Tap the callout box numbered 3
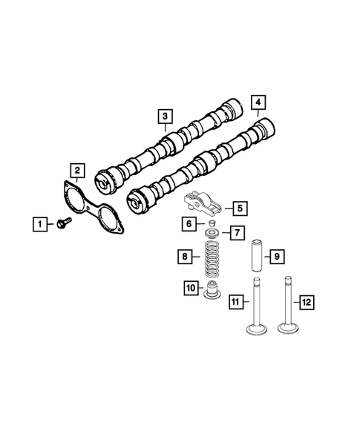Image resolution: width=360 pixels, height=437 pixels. pyautogui.click(x=163, y=116)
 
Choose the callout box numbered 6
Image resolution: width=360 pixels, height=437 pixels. pyautogui.click(x=191, y=223)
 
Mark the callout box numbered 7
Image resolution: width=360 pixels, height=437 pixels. pyautogui.click(x=236, y=233)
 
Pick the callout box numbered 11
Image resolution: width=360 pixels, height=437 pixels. pyautogui.click(x=235, y=302)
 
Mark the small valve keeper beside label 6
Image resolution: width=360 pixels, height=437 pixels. pyautogui.click(x=211, y=222)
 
